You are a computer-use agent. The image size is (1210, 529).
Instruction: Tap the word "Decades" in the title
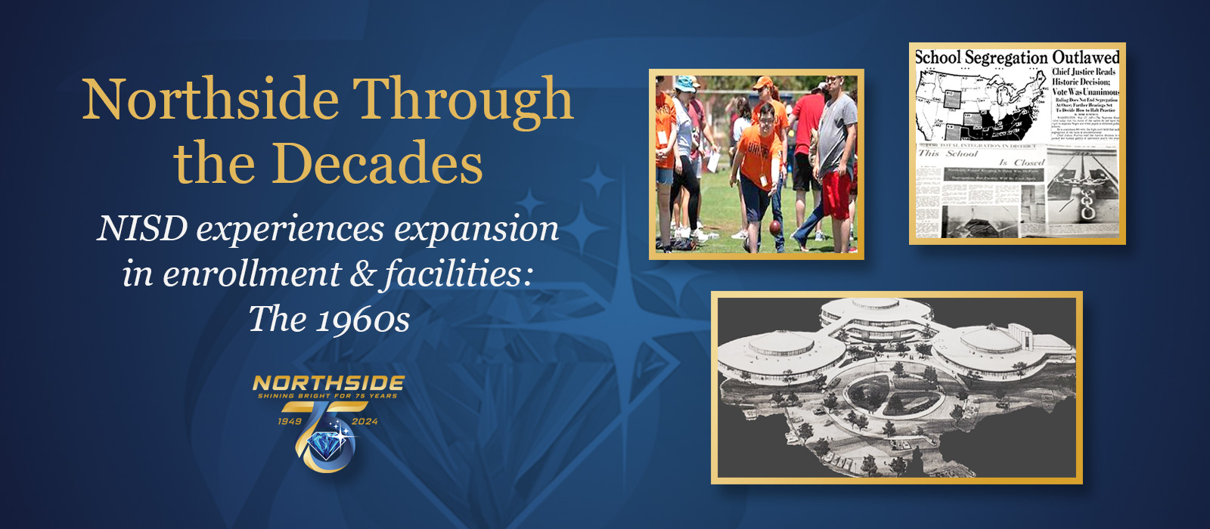point(377,164)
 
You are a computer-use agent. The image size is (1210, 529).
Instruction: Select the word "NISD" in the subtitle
point(141,228)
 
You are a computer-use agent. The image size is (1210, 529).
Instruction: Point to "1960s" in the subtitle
point(362,319)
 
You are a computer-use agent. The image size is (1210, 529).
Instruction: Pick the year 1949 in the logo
point(290,422)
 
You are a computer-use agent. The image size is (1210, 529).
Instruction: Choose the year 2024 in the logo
point(365,422)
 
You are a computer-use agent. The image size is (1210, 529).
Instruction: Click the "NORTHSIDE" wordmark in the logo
point(328,383)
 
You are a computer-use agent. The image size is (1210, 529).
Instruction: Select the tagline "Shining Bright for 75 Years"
point(327,396)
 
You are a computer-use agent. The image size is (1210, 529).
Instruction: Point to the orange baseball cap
point(763,82)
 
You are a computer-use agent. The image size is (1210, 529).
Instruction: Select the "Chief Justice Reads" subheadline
point(1084,72)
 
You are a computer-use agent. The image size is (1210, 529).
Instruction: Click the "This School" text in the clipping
point(948,153)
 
